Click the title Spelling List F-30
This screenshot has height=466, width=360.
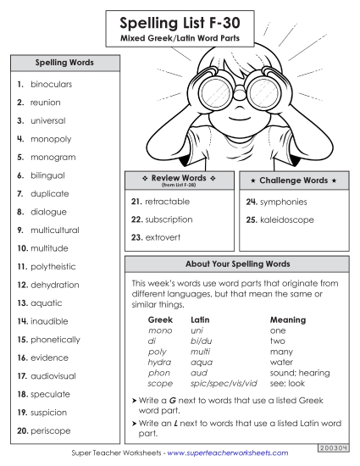click(180, 22)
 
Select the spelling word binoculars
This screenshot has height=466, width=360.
click(52, 86)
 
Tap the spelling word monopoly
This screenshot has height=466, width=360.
click(51, 139)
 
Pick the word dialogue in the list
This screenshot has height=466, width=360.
click(48, 211)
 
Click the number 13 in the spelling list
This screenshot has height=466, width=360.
click(21, 303)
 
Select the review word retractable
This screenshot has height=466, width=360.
click(167, 202)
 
